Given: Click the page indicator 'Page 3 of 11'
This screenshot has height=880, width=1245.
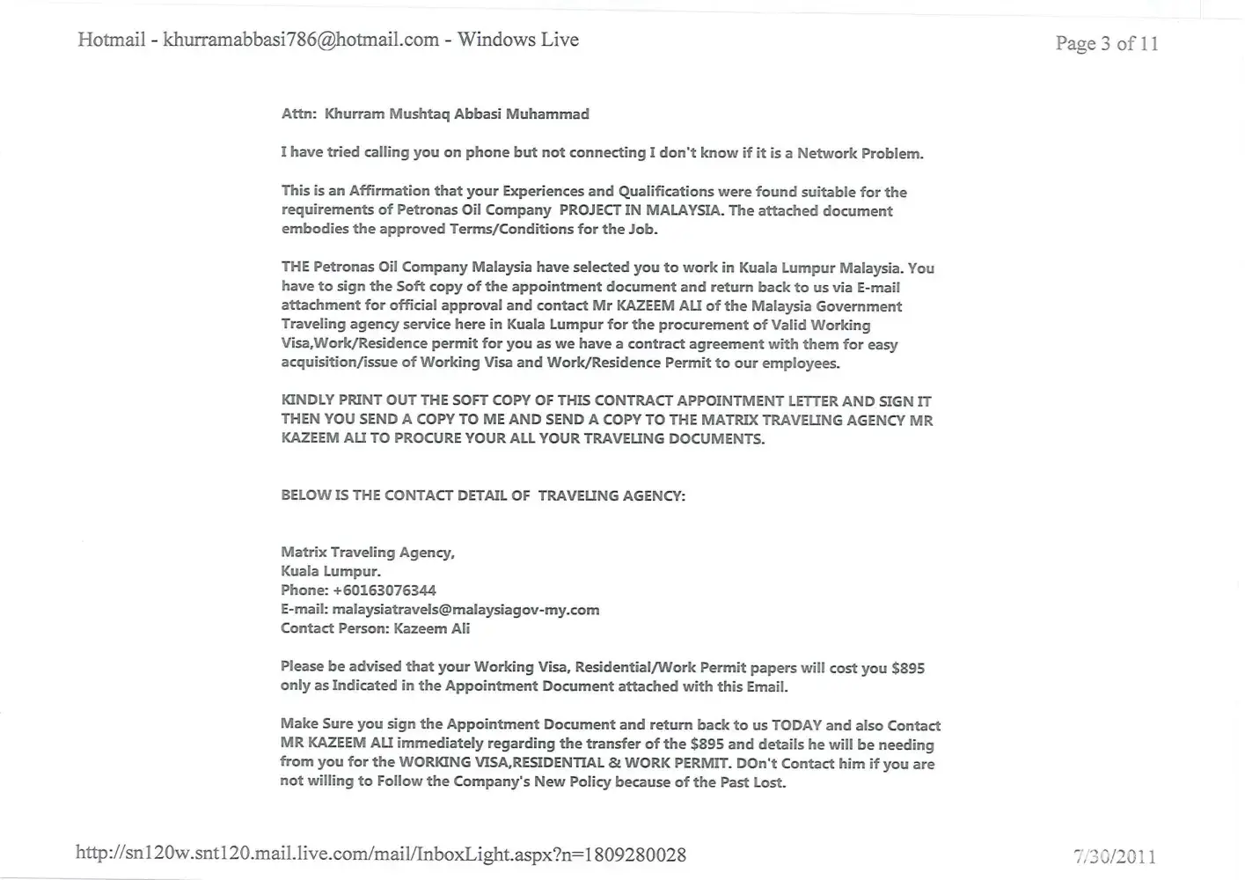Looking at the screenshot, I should pyautogui.click(x=1106, y=43).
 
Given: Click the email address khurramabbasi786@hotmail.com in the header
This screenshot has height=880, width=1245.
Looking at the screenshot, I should pyautogui.click(x=301, y=40).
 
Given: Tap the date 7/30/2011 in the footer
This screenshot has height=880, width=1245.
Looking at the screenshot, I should pyautogui.click(x=1114, y=856).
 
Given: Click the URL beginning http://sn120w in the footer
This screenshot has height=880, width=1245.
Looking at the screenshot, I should pyautogui.click(x=380, y=854).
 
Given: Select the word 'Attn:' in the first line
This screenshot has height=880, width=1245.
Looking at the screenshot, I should pyautogui.click(x=298, y=114).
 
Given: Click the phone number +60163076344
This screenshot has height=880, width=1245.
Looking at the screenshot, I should pyautogui.click(x=384, y=590).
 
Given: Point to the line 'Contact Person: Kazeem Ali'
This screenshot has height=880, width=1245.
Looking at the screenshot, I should pyautogui.click(x=375, y=628).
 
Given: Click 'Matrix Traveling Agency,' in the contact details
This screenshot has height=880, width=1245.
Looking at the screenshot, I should pyautogui.click(x=367, y=553).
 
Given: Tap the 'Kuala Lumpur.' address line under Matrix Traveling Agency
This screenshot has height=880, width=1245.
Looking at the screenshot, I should pyautogui.click(x=330, y=571).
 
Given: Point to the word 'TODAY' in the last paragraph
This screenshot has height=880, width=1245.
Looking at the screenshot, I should pyautogui.click(x=796, y=725).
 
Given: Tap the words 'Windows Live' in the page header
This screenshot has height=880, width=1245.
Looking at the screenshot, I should pyautogui.click(x=517, y=40).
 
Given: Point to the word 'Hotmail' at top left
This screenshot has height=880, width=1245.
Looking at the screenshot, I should pyautogui.click(x=111, y=40).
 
